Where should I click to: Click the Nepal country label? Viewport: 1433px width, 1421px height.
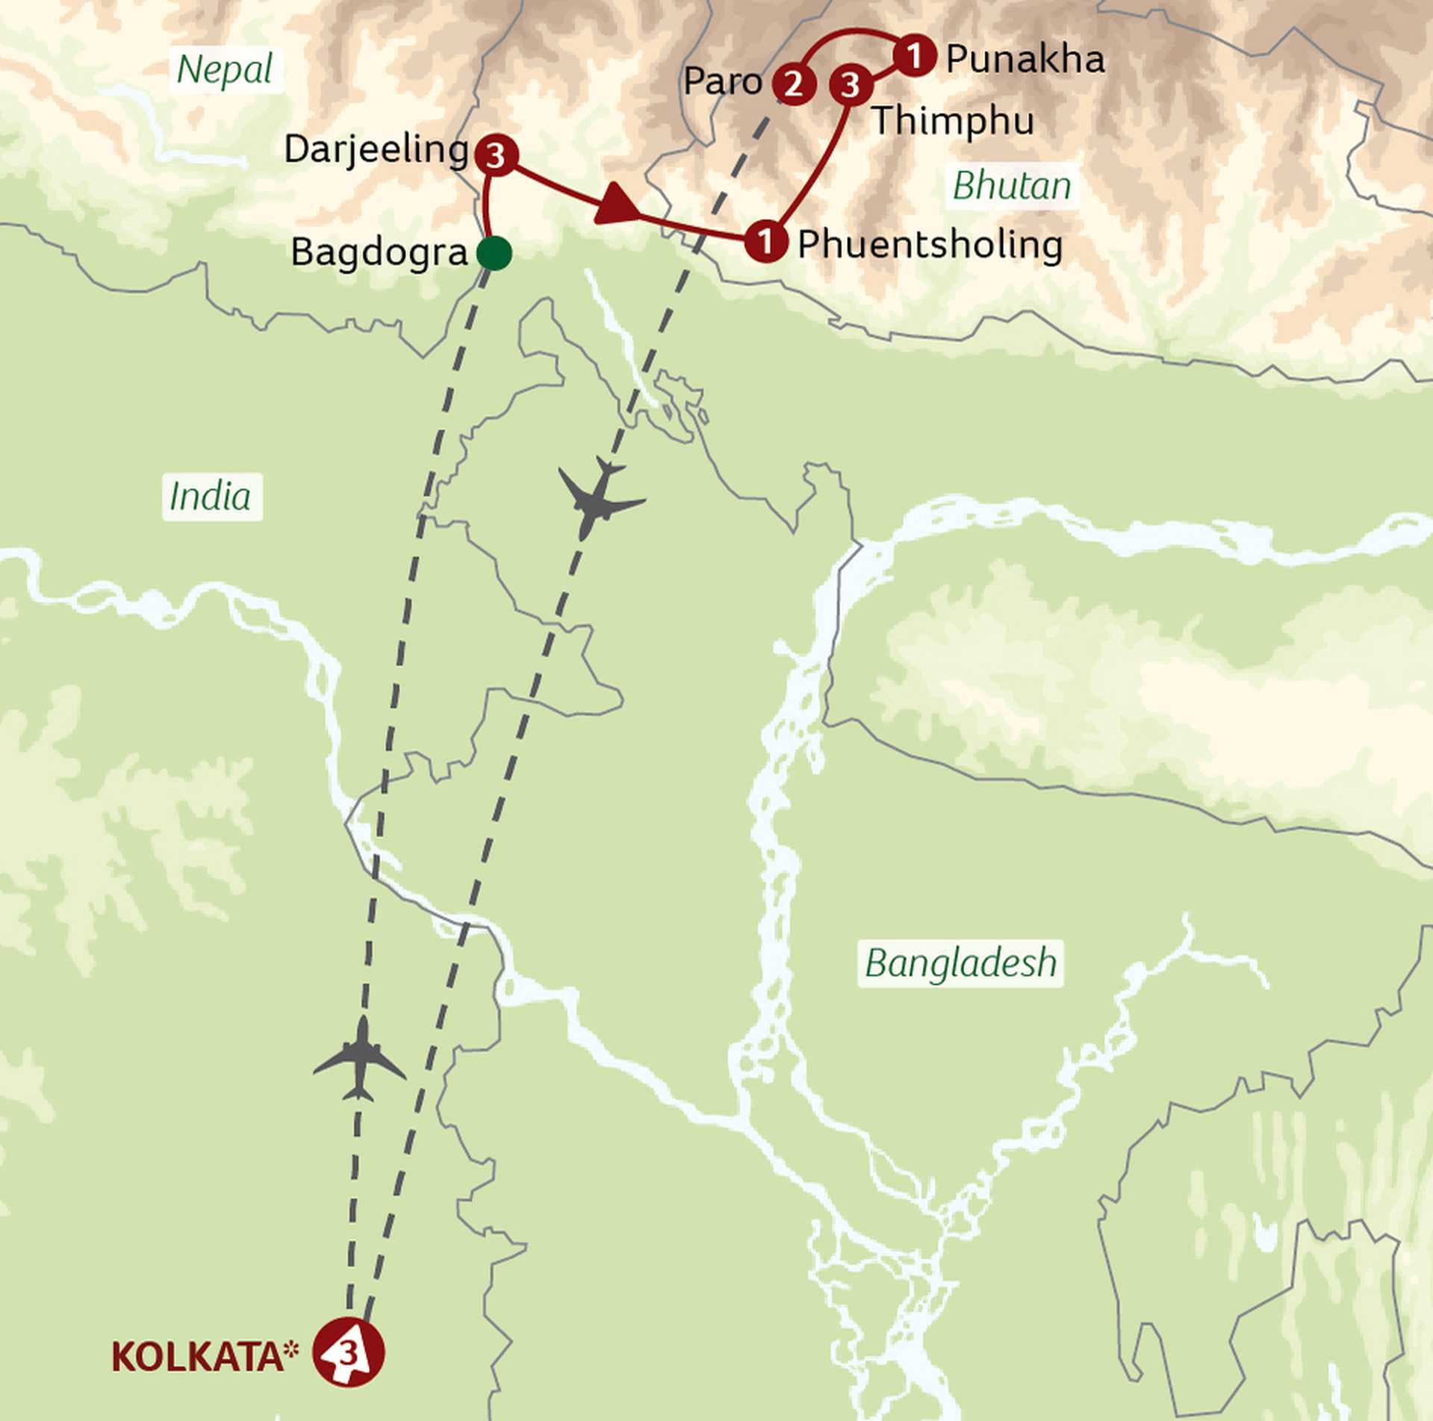[x=225, y=71]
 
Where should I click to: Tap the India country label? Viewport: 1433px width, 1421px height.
[x=210, y=497]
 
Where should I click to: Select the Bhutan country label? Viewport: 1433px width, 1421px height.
[x=1012, y=186]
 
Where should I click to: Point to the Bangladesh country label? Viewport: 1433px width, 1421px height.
[x=961, y=964]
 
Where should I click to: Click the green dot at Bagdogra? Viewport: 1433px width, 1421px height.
[x=494, y=253]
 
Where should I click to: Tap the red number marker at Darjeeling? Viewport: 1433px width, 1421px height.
[x=496, y=156]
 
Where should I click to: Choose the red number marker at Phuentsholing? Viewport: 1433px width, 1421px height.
[x=766, y=241]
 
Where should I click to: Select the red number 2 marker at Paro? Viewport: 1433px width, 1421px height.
[x=793, y=84]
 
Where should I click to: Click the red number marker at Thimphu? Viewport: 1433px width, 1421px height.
[x=851, y=85]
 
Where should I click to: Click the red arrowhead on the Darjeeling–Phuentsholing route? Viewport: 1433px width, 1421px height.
[x=616, y=204]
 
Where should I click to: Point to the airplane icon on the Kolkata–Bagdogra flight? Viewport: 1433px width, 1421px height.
[x=360, y=1059]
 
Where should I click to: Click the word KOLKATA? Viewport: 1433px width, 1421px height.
[x=198, y=1357]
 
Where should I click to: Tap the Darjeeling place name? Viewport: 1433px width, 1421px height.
[x=376, y=150]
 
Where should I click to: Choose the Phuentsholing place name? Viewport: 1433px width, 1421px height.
[x=930, y=245]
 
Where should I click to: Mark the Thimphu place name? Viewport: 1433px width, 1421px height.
[x=952, y=121]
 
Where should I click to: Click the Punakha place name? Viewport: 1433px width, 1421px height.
[x=1025, y=60]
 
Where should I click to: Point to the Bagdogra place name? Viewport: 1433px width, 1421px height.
[x=378, y=252]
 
